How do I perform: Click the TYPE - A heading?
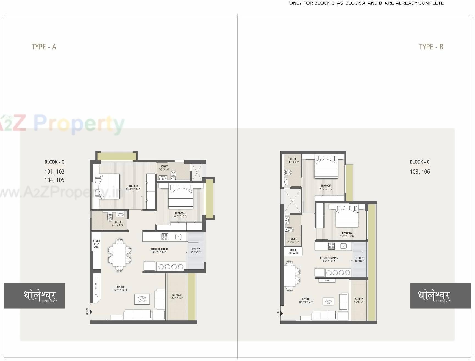44,47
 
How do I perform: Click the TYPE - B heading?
431,47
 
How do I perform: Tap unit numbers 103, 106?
420,172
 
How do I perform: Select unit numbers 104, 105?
54,180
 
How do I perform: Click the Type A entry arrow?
91,312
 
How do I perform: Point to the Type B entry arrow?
282,313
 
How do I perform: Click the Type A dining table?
119,255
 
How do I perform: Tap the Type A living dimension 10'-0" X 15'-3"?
120,289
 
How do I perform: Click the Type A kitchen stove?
165,237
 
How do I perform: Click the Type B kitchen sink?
343,246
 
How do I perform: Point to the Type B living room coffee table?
328,302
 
